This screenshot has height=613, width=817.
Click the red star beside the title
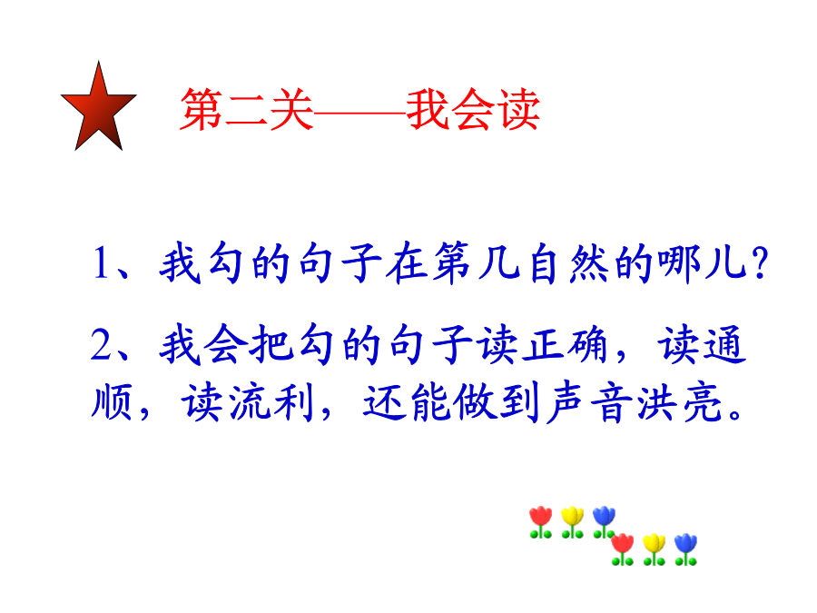point(98,110)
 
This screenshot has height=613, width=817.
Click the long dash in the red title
point(360,111)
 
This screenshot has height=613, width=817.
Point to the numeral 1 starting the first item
point(101,263)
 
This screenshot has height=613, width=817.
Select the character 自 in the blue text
point(542,262)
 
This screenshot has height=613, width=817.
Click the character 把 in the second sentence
point(271,344)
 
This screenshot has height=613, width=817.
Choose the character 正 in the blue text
point(543,344)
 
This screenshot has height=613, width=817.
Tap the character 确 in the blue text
point(587,344)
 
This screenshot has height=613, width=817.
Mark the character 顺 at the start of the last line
point(112,401)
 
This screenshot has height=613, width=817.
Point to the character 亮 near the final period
point(702,401)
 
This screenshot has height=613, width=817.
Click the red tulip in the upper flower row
point(540,522)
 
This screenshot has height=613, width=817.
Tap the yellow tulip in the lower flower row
point(654,549)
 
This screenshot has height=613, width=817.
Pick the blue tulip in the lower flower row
point(685,549)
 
